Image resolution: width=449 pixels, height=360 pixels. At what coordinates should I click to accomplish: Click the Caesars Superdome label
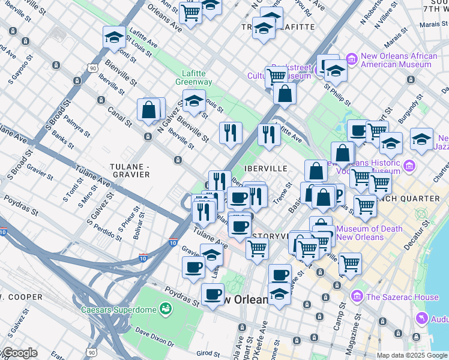pos(119,310)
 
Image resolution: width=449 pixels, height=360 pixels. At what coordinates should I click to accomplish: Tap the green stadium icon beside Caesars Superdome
pos(166,310)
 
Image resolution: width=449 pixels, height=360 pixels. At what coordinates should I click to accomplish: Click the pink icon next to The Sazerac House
pos(358,296)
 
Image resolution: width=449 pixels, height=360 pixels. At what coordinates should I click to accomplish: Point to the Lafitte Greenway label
pos(193,77)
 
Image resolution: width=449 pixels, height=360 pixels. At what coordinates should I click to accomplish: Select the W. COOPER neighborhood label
pos(21,297)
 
